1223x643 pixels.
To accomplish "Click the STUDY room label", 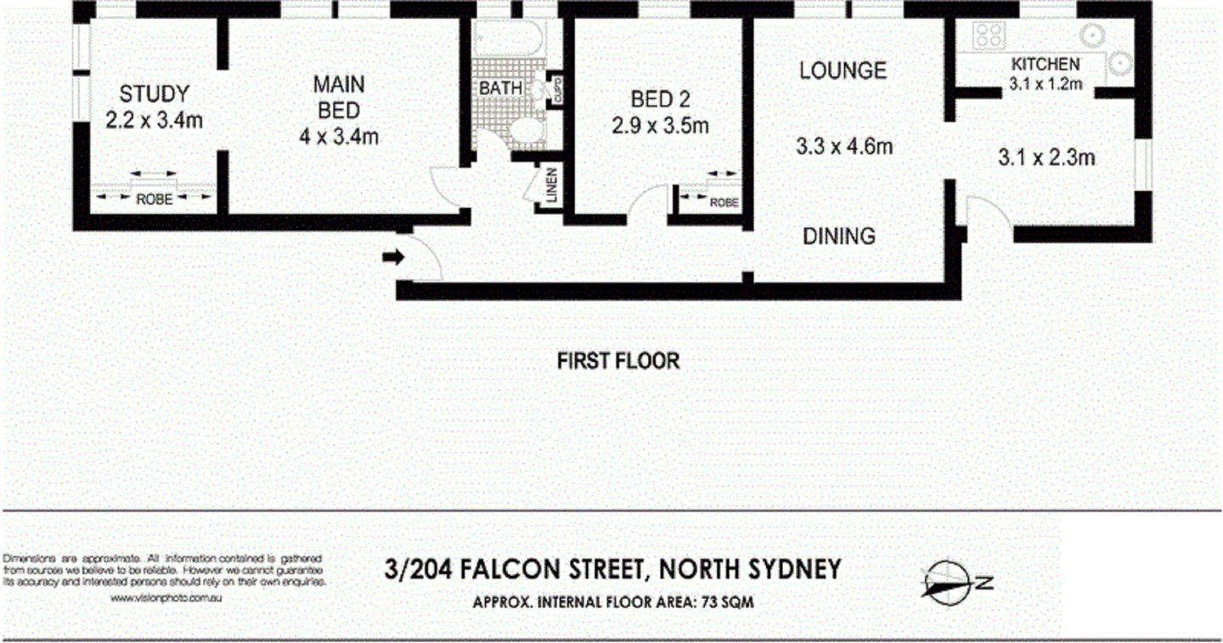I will click(154, 94).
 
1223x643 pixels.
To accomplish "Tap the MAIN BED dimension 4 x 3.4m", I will click(339, 135).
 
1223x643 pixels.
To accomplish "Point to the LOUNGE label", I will click(843, 71).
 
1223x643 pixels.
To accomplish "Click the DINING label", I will click(839, 235).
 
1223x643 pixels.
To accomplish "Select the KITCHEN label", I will click(1045, 65).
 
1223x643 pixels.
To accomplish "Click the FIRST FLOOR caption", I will click(617, 361).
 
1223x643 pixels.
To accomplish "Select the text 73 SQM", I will click(727, 602).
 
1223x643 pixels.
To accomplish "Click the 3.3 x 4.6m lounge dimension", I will click(844, 147).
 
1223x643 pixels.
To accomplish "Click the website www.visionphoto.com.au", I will click(166, 598).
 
